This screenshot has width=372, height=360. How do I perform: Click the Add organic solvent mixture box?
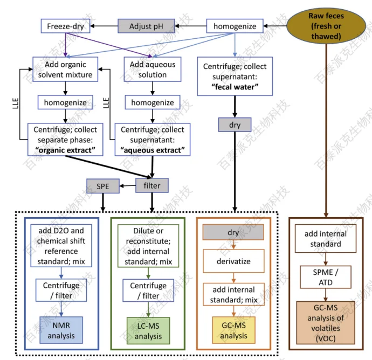pos(65,70)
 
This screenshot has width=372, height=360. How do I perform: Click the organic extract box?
pos(65,140)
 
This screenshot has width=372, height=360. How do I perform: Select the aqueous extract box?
pos(153,140)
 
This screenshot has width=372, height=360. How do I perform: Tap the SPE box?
pos(102,186)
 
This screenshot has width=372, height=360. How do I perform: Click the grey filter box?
pos(152,186)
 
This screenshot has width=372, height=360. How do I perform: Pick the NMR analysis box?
pos(61,330)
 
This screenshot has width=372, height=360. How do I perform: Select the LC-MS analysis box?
pos(148,330)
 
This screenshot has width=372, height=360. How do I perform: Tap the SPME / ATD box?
pos(325,276)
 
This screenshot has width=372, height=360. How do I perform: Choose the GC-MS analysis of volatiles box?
pos(325,322)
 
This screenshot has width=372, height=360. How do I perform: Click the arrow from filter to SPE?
pos(127,186)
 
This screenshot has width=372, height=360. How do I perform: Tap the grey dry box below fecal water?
pos(235,125)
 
